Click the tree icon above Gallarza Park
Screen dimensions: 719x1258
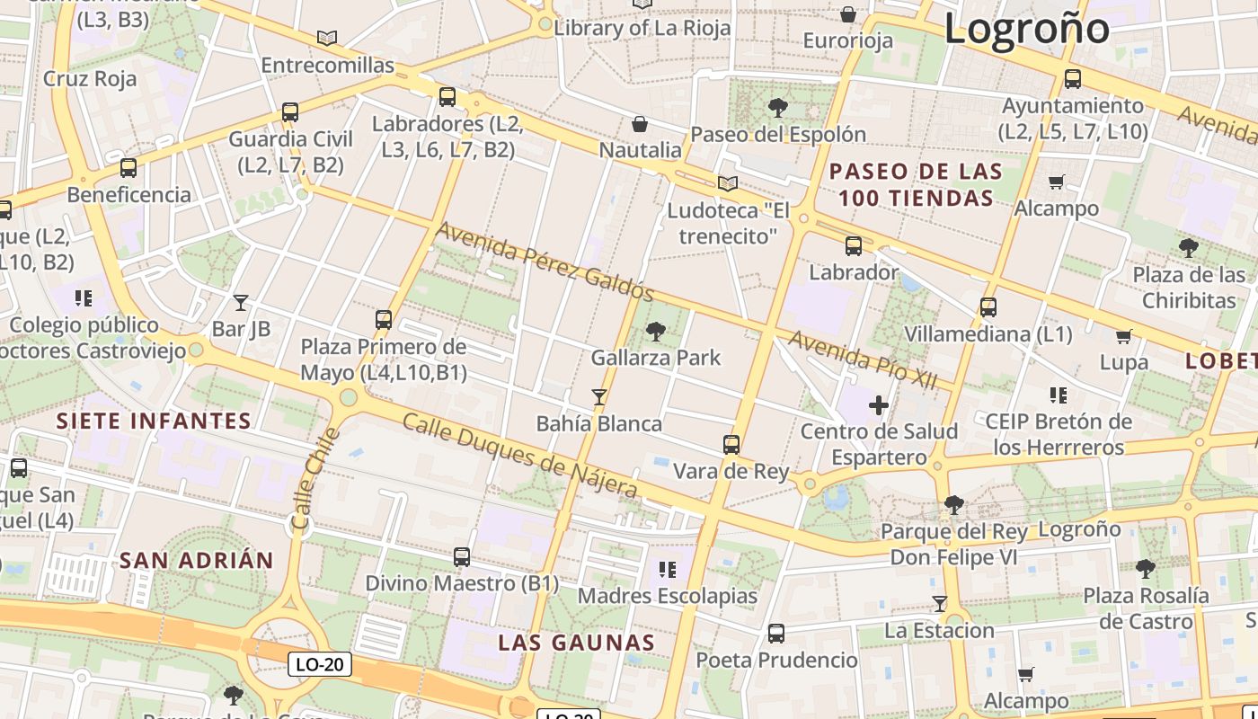pos(656,332)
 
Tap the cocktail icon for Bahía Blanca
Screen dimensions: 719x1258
pos(598,396)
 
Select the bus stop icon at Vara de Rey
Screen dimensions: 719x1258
pos(731,444)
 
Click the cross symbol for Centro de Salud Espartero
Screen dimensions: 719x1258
pos(879,406)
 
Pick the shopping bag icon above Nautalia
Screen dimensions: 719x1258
pos(640,123)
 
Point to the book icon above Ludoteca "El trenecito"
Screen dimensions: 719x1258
pos(728,184)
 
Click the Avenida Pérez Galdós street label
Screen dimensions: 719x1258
pos(545,261)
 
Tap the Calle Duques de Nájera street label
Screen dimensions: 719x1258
pos(519,455)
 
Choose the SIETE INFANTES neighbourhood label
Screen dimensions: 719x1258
pos(154,421)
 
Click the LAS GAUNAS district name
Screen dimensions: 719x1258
pos(576,643)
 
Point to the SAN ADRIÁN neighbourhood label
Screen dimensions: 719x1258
pos(196,560)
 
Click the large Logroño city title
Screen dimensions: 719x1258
pos(1026,28)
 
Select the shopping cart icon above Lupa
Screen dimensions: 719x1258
pos(1123,337)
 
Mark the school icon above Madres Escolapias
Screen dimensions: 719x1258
pos(667,569)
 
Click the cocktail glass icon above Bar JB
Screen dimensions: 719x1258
pos(240,303)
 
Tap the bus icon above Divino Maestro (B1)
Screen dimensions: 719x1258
pos(462,557)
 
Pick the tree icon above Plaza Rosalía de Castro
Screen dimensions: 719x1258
pos(1145,569)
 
